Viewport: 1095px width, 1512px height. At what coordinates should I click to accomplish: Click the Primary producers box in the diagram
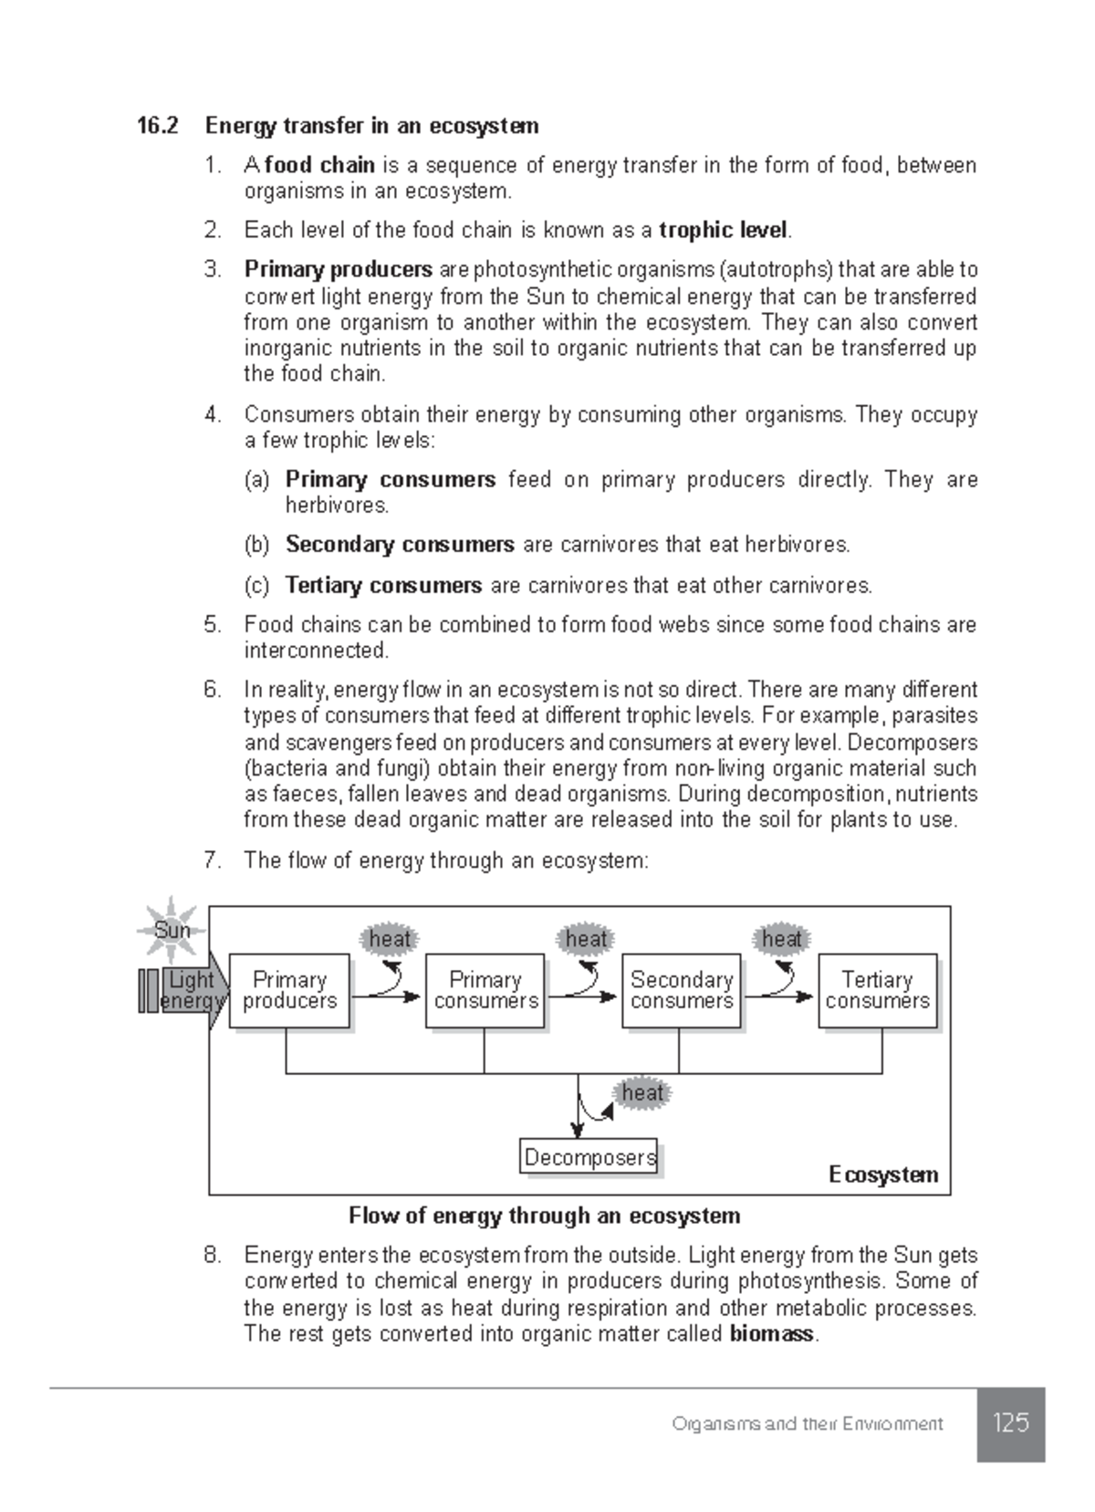(x=289, y=991)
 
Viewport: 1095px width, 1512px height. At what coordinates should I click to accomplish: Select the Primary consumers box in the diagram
(x=485, y=991)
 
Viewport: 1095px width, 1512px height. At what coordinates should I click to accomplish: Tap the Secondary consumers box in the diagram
(x=681, y=991)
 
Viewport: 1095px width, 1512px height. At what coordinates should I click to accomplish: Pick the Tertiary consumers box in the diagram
(x=877, y=991)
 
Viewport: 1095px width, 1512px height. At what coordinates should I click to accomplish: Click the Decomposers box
(x=589, y=1157)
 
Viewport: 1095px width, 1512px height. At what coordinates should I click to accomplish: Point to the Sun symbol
(x=172, y=930)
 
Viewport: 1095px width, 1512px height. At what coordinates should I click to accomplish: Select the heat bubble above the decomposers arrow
(x=642, y=1092)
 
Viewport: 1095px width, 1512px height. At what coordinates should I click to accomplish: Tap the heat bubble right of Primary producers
(x=390, y=939)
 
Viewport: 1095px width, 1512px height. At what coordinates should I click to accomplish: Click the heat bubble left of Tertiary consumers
(x=781, y=939)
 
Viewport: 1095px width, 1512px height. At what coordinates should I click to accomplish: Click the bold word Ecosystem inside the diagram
(x=882, y=1174)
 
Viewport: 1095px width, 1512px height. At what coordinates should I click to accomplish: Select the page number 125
(x=1011, y=1423)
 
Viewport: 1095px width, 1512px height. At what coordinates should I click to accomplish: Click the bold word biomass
(x=771, y=1334)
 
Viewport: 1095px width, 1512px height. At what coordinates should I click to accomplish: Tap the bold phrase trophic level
(x=723, y=230)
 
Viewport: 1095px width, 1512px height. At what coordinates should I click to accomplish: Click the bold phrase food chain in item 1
(x=319, y=165)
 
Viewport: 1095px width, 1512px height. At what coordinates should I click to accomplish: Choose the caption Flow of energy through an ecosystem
(x=544, y=1215)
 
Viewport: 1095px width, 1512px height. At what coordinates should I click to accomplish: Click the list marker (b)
(x=256, y=545)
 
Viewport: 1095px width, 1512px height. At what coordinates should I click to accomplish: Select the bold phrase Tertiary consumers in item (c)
(x=383, y=585)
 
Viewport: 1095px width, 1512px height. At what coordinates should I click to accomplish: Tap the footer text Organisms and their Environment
(x=807, y=1423)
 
